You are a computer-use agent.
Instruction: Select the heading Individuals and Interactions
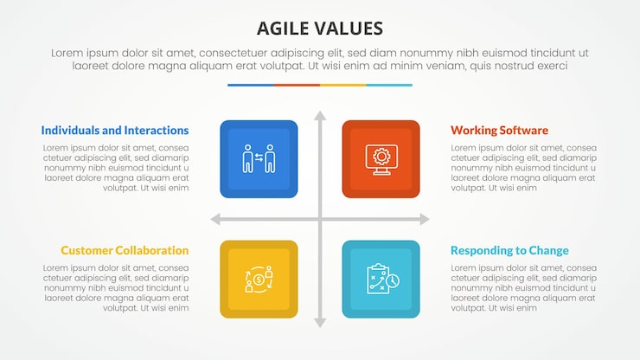pyautogui.click(x=114, y=131)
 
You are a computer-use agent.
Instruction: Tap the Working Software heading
pyautogui.click(x=499, y=131)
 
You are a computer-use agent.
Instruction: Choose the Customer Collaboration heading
pyautogui.click(x=125, y=251)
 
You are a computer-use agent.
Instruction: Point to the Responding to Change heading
pyautogui.click(x=509, y=251)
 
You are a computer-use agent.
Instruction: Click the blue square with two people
pyautogui.click(x=259, y=158)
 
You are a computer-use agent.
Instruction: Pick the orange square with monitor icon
pyautogui.click(x=381, y=158)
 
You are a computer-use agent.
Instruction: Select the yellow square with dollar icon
pyautogui.click(x=259, y=279)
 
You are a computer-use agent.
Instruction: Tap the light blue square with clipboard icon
pyautogui.click(x=381, y=279)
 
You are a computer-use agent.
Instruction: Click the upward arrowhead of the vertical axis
pyautogui.click(x=320, y=115)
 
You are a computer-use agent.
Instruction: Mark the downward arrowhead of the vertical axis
pyautogui.click(x=320, y=323)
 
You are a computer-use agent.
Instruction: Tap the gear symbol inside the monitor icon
pyautogui.click(x=381, y=156)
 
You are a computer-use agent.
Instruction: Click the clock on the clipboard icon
pyautogui.click(x=392, y=282)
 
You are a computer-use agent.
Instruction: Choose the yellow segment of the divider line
pyautogui.click(x=342, y=85)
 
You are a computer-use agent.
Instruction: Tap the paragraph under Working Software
pyautogui.click(x=523, y=167)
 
